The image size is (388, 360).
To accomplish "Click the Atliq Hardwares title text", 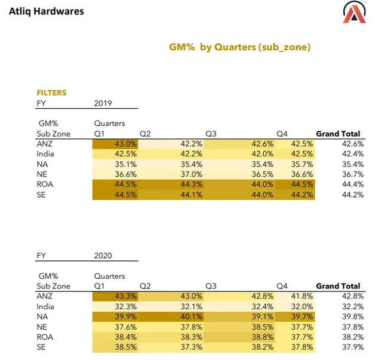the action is tap(47, 11).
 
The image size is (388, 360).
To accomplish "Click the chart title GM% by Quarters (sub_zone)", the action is tap(241, 47).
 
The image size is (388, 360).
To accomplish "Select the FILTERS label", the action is tap(51, 93).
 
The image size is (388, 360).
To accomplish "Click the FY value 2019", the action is tap(103, 103).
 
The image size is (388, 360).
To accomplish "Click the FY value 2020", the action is tap(103, 255).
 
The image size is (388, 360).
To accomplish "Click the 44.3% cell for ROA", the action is tap(191, 184).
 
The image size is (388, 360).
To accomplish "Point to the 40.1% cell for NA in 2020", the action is tap(191, 316).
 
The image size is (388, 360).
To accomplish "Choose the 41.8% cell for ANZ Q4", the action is tap(301, 296).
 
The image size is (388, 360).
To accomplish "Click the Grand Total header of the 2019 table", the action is tap(338, 134).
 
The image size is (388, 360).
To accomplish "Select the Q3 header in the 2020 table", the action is tap(210, 286).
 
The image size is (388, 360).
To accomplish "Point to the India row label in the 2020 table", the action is tap(45, 306).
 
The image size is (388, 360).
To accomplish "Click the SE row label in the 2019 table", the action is tap(41, 195).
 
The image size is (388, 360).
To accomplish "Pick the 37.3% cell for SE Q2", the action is tap(191, 347).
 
